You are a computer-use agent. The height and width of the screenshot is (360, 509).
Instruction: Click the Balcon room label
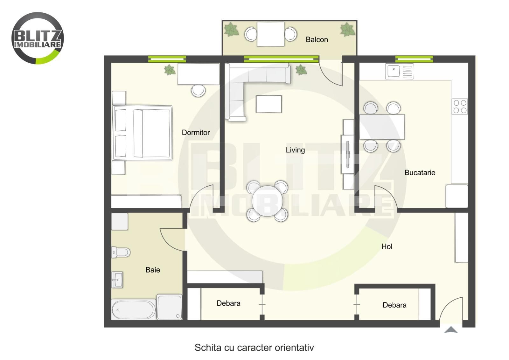317,39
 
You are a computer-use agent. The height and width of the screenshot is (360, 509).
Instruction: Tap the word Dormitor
196,132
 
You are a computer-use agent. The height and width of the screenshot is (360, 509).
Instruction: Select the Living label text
295,150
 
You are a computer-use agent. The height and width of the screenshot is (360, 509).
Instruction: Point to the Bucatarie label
420,173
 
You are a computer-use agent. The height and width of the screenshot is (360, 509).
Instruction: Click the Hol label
387,246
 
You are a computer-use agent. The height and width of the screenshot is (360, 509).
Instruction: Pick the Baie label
153,270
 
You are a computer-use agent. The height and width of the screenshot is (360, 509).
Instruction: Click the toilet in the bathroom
121,252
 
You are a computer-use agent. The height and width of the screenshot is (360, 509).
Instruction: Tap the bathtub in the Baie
134,310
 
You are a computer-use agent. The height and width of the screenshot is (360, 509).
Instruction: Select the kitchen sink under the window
399,71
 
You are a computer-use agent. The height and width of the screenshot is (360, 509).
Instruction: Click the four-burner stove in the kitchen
460,106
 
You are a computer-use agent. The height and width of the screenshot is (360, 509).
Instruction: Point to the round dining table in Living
267,201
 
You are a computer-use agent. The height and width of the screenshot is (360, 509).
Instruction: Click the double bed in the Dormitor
143,133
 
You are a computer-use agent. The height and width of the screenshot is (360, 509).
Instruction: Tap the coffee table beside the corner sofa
269,104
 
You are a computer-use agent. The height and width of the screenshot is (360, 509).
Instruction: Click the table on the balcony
271,34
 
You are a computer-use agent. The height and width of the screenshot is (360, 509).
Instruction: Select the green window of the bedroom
167,59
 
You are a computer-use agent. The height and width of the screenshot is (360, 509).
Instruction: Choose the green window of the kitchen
414,59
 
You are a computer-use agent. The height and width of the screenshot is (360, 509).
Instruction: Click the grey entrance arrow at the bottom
451,330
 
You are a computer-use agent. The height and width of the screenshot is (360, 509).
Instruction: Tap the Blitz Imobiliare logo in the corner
38,38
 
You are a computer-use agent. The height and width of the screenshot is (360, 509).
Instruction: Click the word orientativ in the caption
294,348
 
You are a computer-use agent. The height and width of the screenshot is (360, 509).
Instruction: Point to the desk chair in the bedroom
199,91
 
